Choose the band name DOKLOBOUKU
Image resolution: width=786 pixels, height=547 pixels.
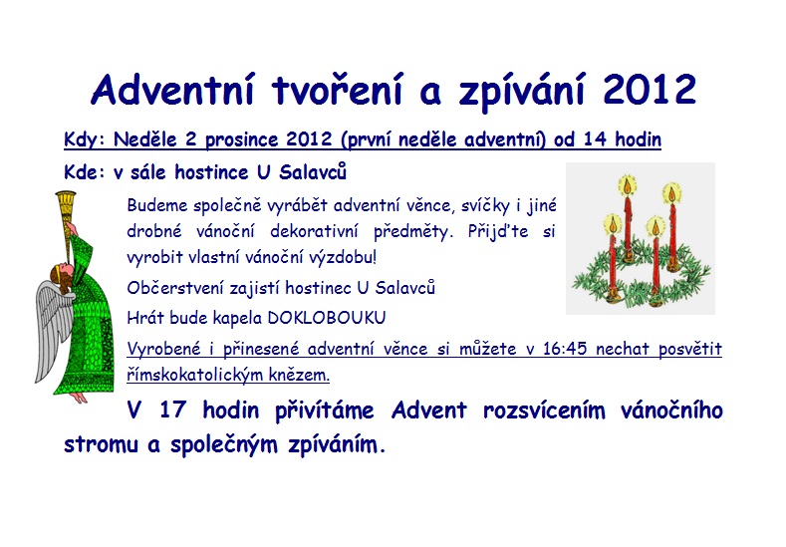(x=327, y=318)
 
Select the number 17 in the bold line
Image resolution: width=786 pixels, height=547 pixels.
(x=173, y=410)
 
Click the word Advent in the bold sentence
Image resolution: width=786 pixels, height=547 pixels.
(x=429, y=410)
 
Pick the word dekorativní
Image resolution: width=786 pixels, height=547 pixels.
(x=314, y=231)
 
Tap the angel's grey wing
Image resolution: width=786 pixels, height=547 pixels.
(x=53, y=331)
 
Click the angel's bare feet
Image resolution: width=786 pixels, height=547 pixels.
(x=78, y=398)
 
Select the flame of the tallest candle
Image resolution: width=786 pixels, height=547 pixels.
(x=627, y=185)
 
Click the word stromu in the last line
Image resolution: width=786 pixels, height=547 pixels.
(x=101, y=445)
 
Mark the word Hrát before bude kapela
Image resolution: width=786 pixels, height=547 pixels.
(x=145, y=318)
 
